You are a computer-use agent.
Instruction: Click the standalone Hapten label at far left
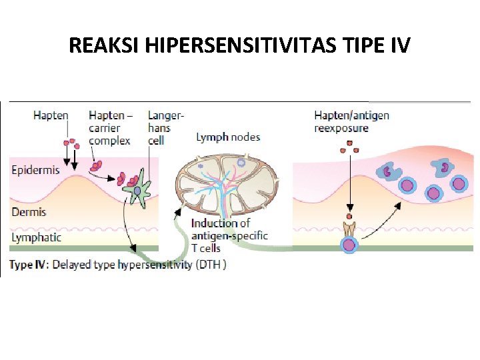[51, 115]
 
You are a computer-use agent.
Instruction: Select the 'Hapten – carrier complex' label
[110, 127]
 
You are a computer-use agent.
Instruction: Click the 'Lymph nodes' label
[228, 137]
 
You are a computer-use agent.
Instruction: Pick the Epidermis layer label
[36, 170]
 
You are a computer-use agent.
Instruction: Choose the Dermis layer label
[29, 212]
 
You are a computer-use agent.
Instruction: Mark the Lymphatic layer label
[37, 237]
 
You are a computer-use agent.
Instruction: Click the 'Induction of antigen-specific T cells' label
[229, 235]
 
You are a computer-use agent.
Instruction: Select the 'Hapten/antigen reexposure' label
[351, 121]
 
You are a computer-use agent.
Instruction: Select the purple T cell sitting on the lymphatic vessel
[349, 245]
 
